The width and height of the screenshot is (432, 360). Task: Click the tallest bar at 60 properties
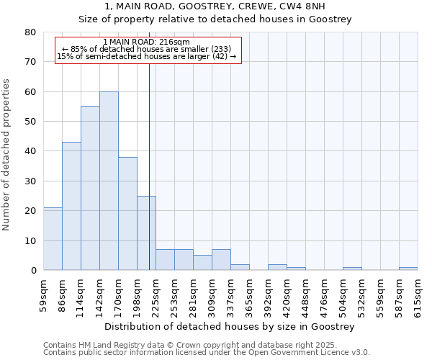(109, 181)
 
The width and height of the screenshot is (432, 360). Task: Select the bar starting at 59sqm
(53, 238)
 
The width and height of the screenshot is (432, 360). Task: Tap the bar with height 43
(71, 206)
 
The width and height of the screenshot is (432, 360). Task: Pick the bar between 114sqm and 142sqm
(90, 188)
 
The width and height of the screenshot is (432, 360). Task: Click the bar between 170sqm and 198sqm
(127, 213)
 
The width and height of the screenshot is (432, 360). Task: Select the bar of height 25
(146, 233)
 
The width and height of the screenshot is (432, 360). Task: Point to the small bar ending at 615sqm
(408, 269)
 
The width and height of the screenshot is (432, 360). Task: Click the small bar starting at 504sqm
(352, 269)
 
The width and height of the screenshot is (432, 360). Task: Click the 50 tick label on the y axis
(30, 122)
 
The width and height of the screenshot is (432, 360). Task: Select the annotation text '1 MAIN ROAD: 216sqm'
(146, 42)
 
